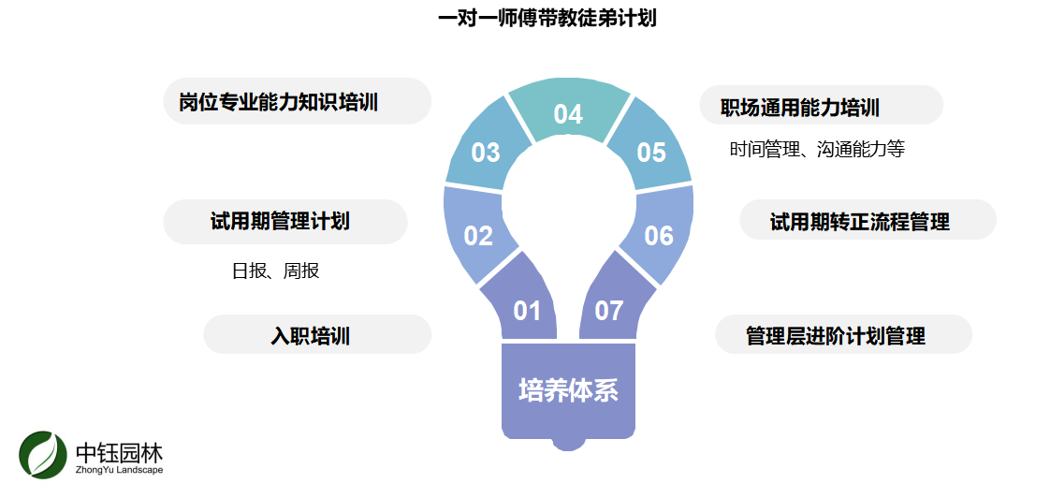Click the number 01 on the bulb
(x=527, y=310)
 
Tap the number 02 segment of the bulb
(x=478, y=236)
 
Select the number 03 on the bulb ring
(x=486, y=152)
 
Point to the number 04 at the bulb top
(x=568, y=114)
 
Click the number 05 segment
(x=650, y=152)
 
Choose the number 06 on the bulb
(x=659, y=236)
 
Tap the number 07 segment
(x=609, y=310)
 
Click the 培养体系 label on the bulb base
(x=569, y=389)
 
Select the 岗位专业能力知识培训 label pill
(x=296, y=102)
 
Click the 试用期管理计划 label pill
(x=285, y=222)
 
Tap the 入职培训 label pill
(x=317, y=335)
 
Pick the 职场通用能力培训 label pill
(x=821, y=106)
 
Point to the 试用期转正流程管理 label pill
(x=868, y=221)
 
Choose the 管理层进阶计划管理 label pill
(x=843, y=335)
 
